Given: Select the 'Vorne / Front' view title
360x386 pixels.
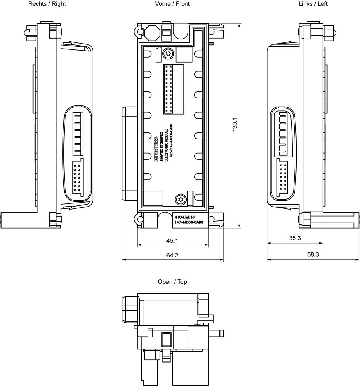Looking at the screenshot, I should tap(172, 4).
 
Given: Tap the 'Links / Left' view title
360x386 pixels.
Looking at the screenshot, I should tap(313, 4).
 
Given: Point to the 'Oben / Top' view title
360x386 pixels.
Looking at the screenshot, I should tap(172, 282).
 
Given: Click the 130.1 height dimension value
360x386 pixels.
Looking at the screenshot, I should tap(234, 125).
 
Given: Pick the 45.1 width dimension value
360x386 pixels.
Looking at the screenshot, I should tap(172, 240).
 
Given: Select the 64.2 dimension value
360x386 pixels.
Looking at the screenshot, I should tap(172, 256).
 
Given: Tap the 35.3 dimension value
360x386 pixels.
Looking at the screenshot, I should tap(294, 239).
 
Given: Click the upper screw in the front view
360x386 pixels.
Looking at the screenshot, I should tap(168, 53).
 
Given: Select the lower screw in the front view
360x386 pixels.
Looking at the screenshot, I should tap(180, 199).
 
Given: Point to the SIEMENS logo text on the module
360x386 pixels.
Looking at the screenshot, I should tap(156, 149).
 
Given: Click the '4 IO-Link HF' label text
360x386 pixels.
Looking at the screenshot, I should tap(185, 217).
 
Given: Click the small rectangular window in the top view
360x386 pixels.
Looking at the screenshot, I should tap(166, 340).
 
